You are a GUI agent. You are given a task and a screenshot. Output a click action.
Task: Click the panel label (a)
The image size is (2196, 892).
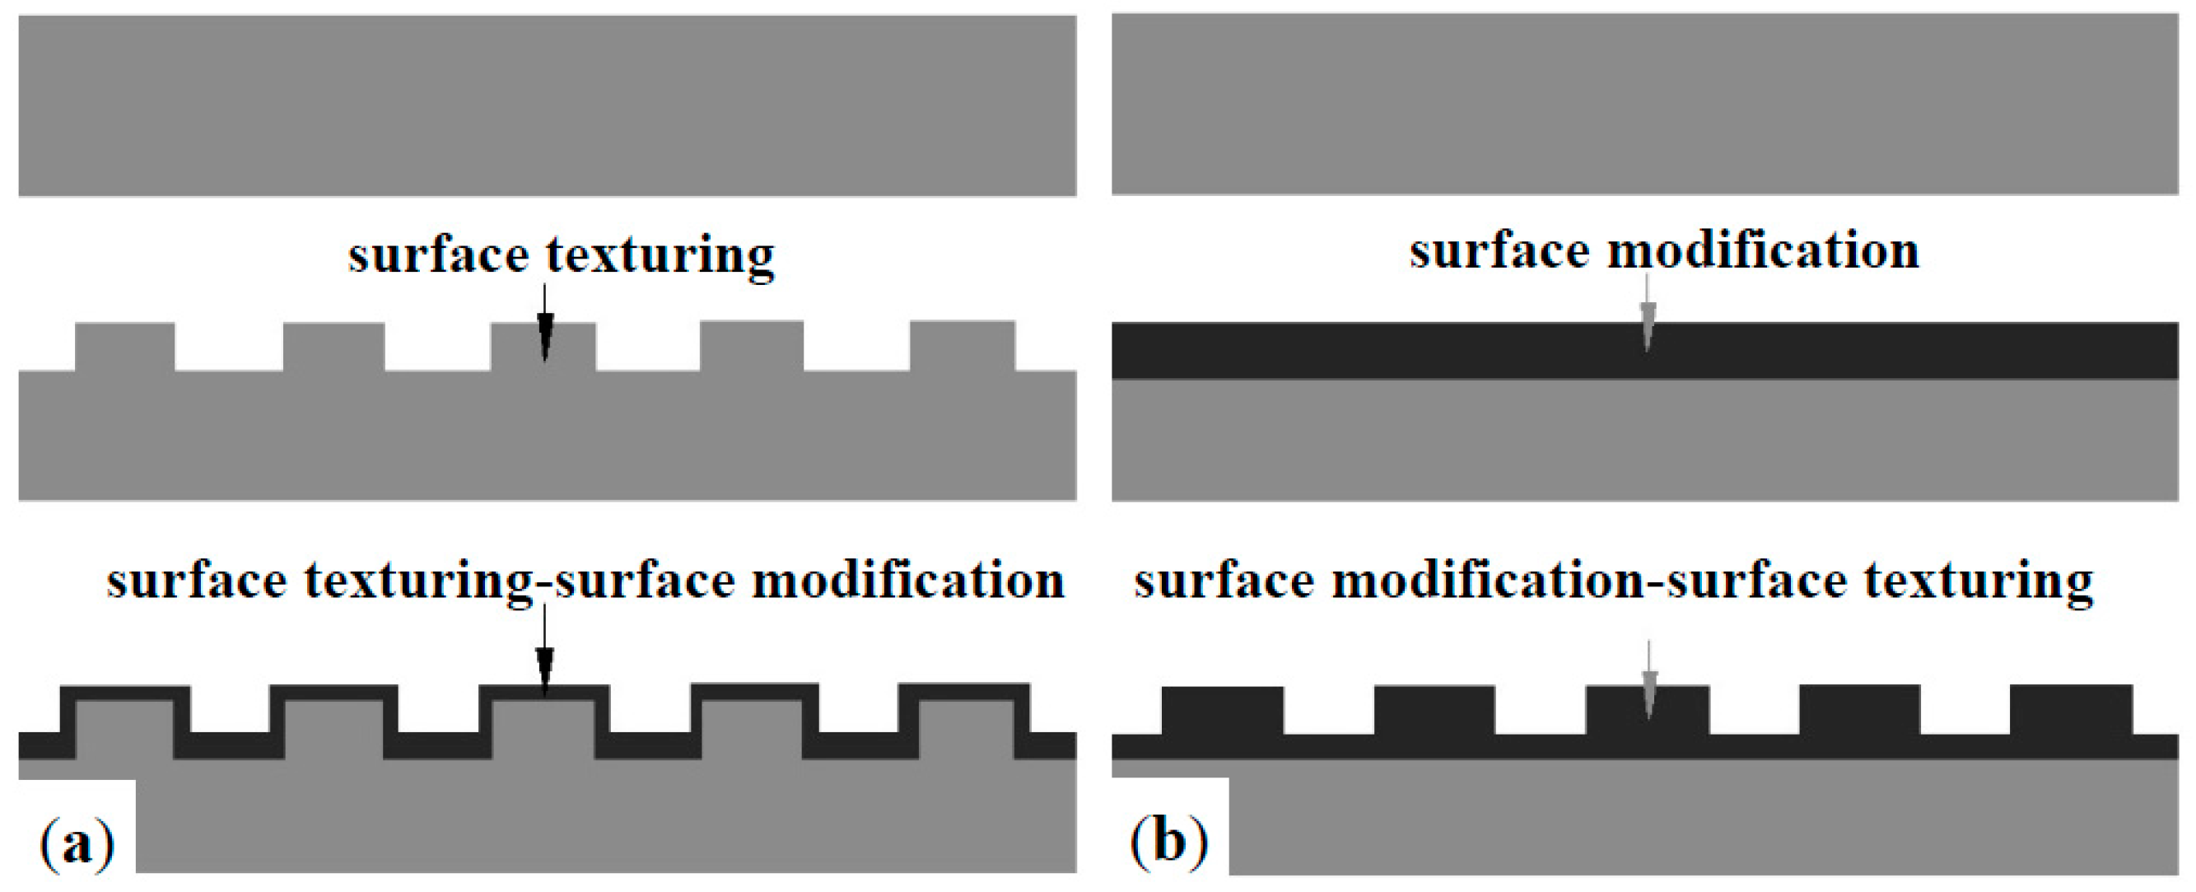[x=77, y=843]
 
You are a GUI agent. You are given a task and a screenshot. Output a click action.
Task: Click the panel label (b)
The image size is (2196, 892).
[x=1168, y=841]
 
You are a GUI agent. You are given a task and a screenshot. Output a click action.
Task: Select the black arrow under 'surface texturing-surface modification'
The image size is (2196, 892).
[x=545, y=652]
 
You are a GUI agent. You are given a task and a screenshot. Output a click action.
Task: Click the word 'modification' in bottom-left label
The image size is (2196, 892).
[x=908, y=581]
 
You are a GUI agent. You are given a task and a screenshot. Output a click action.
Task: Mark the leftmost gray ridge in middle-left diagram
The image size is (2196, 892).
[x=125, y=346]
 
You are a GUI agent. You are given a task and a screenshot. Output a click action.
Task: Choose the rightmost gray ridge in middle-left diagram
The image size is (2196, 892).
[x=962, y=345]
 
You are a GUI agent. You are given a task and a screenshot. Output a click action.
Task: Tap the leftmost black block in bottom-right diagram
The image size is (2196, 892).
[x=1222, y=709]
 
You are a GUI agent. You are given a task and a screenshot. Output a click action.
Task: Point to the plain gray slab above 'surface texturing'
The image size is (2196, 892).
[x=548, y=105]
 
